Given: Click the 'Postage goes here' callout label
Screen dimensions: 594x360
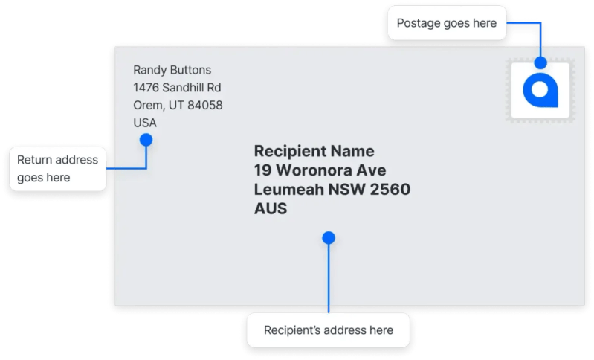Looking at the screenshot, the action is (447, 23).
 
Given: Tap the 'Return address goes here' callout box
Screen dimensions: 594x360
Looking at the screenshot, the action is (57, 169).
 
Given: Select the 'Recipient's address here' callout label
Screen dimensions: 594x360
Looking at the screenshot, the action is (329, 330).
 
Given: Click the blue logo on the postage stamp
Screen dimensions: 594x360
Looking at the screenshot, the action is (540, 90).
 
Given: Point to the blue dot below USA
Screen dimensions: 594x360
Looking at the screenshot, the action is (146, 140).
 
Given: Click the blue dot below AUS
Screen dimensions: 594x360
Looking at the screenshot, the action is (329, 238).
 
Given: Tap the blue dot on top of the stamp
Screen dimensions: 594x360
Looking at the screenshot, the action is (540, 62).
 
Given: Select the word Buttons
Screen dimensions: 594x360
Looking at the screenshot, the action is (190, 70).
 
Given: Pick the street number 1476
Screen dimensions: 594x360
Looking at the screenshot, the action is (146, 88).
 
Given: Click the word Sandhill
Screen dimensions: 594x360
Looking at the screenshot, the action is (183, 88).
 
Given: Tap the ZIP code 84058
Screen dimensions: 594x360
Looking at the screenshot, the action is (205, 105).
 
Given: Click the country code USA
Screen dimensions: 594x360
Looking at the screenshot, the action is (145, 123).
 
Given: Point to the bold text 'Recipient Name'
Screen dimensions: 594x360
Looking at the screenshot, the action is (314, 151).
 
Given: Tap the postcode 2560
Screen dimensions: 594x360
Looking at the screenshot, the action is (390, 189).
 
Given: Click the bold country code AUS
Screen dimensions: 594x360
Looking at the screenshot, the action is (271, 208).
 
